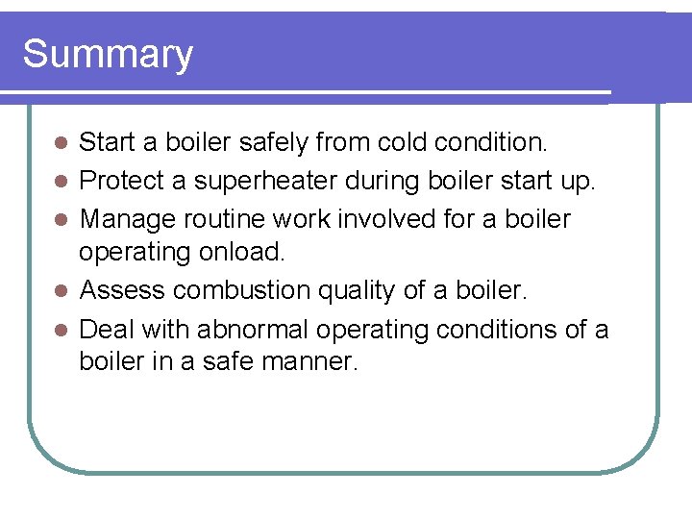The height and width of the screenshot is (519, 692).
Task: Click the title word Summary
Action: click(x=108, y=55)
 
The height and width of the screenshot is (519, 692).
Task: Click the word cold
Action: click(x=399, y=143)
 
